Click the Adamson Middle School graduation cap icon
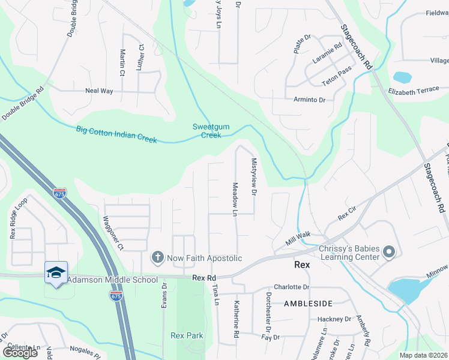coord(56,272)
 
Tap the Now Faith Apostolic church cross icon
coord(157,257)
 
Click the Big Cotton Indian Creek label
coord(116,134)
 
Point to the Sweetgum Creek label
coord(207,131)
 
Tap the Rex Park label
coord(187,335)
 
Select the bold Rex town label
coord(301,265)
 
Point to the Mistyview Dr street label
coord(254,177)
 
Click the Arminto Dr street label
coord(309,100)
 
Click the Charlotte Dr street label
coord(291,287)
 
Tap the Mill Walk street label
coord(298,238)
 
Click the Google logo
coord(20,353)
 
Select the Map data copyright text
coord(423,355)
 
